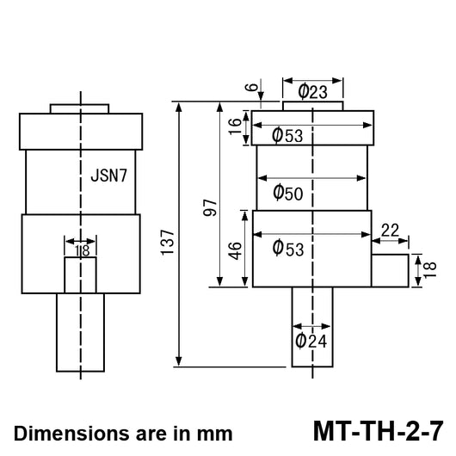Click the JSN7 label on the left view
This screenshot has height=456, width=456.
tap(108, 176)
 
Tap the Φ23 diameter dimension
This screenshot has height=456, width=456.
tap(313, 91)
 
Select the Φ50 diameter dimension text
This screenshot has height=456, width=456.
tap(288, 193)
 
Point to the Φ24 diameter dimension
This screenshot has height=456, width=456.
tap(311, 341)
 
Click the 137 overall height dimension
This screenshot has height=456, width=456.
tap(168, 242)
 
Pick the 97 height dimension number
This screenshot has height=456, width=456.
tap(210, 207)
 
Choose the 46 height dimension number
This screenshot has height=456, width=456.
tap(235, 250)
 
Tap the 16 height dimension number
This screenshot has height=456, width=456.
tap(235, 126)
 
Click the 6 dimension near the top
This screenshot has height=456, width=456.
tap(252, 87)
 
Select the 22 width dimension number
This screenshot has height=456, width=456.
tap(390, 231)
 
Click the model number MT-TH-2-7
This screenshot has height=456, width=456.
tap(379, 431)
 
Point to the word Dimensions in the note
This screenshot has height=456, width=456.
tap(71, 434)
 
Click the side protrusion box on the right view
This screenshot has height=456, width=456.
tap(390, 270)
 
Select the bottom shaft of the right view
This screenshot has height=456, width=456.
tap(312, 327)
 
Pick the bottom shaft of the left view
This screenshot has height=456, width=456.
tap(80, 332)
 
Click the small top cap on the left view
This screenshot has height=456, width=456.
tap(80, 108)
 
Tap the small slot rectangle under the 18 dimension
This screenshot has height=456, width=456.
tap(80, 275)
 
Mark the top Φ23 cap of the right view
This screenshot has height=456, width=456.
tap(313, 106)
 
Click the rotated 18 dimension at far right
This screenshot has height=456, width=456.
tap(430, 269)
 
